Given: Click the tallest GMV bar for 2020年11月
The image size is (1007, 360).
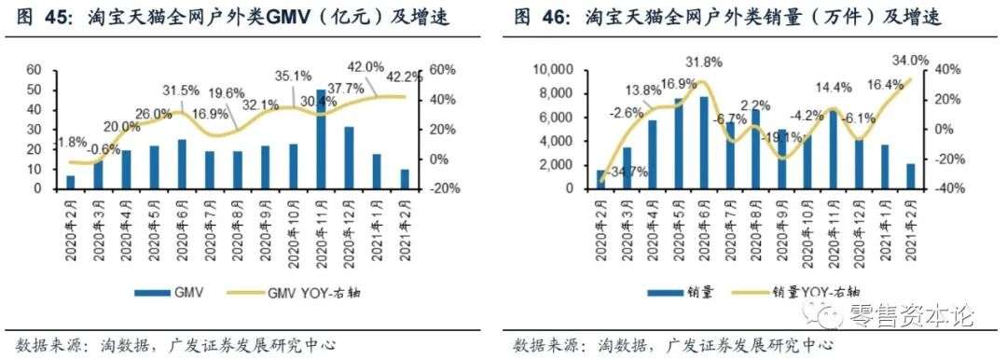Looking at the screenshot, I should click(x=321, y=140).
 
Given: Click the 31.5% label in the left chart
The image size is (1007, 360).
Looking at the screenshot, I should click(x=181, y=90).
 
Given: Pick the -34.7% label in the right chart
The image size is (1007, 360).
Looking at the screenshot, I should click(x=626, y=172).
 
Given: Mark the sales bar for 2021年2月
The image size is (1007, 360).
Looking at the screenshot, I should click(x=909, y=176).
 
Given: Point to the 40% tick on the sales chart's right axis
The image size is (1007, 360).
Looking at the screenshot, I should click(x=948, y=70).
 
